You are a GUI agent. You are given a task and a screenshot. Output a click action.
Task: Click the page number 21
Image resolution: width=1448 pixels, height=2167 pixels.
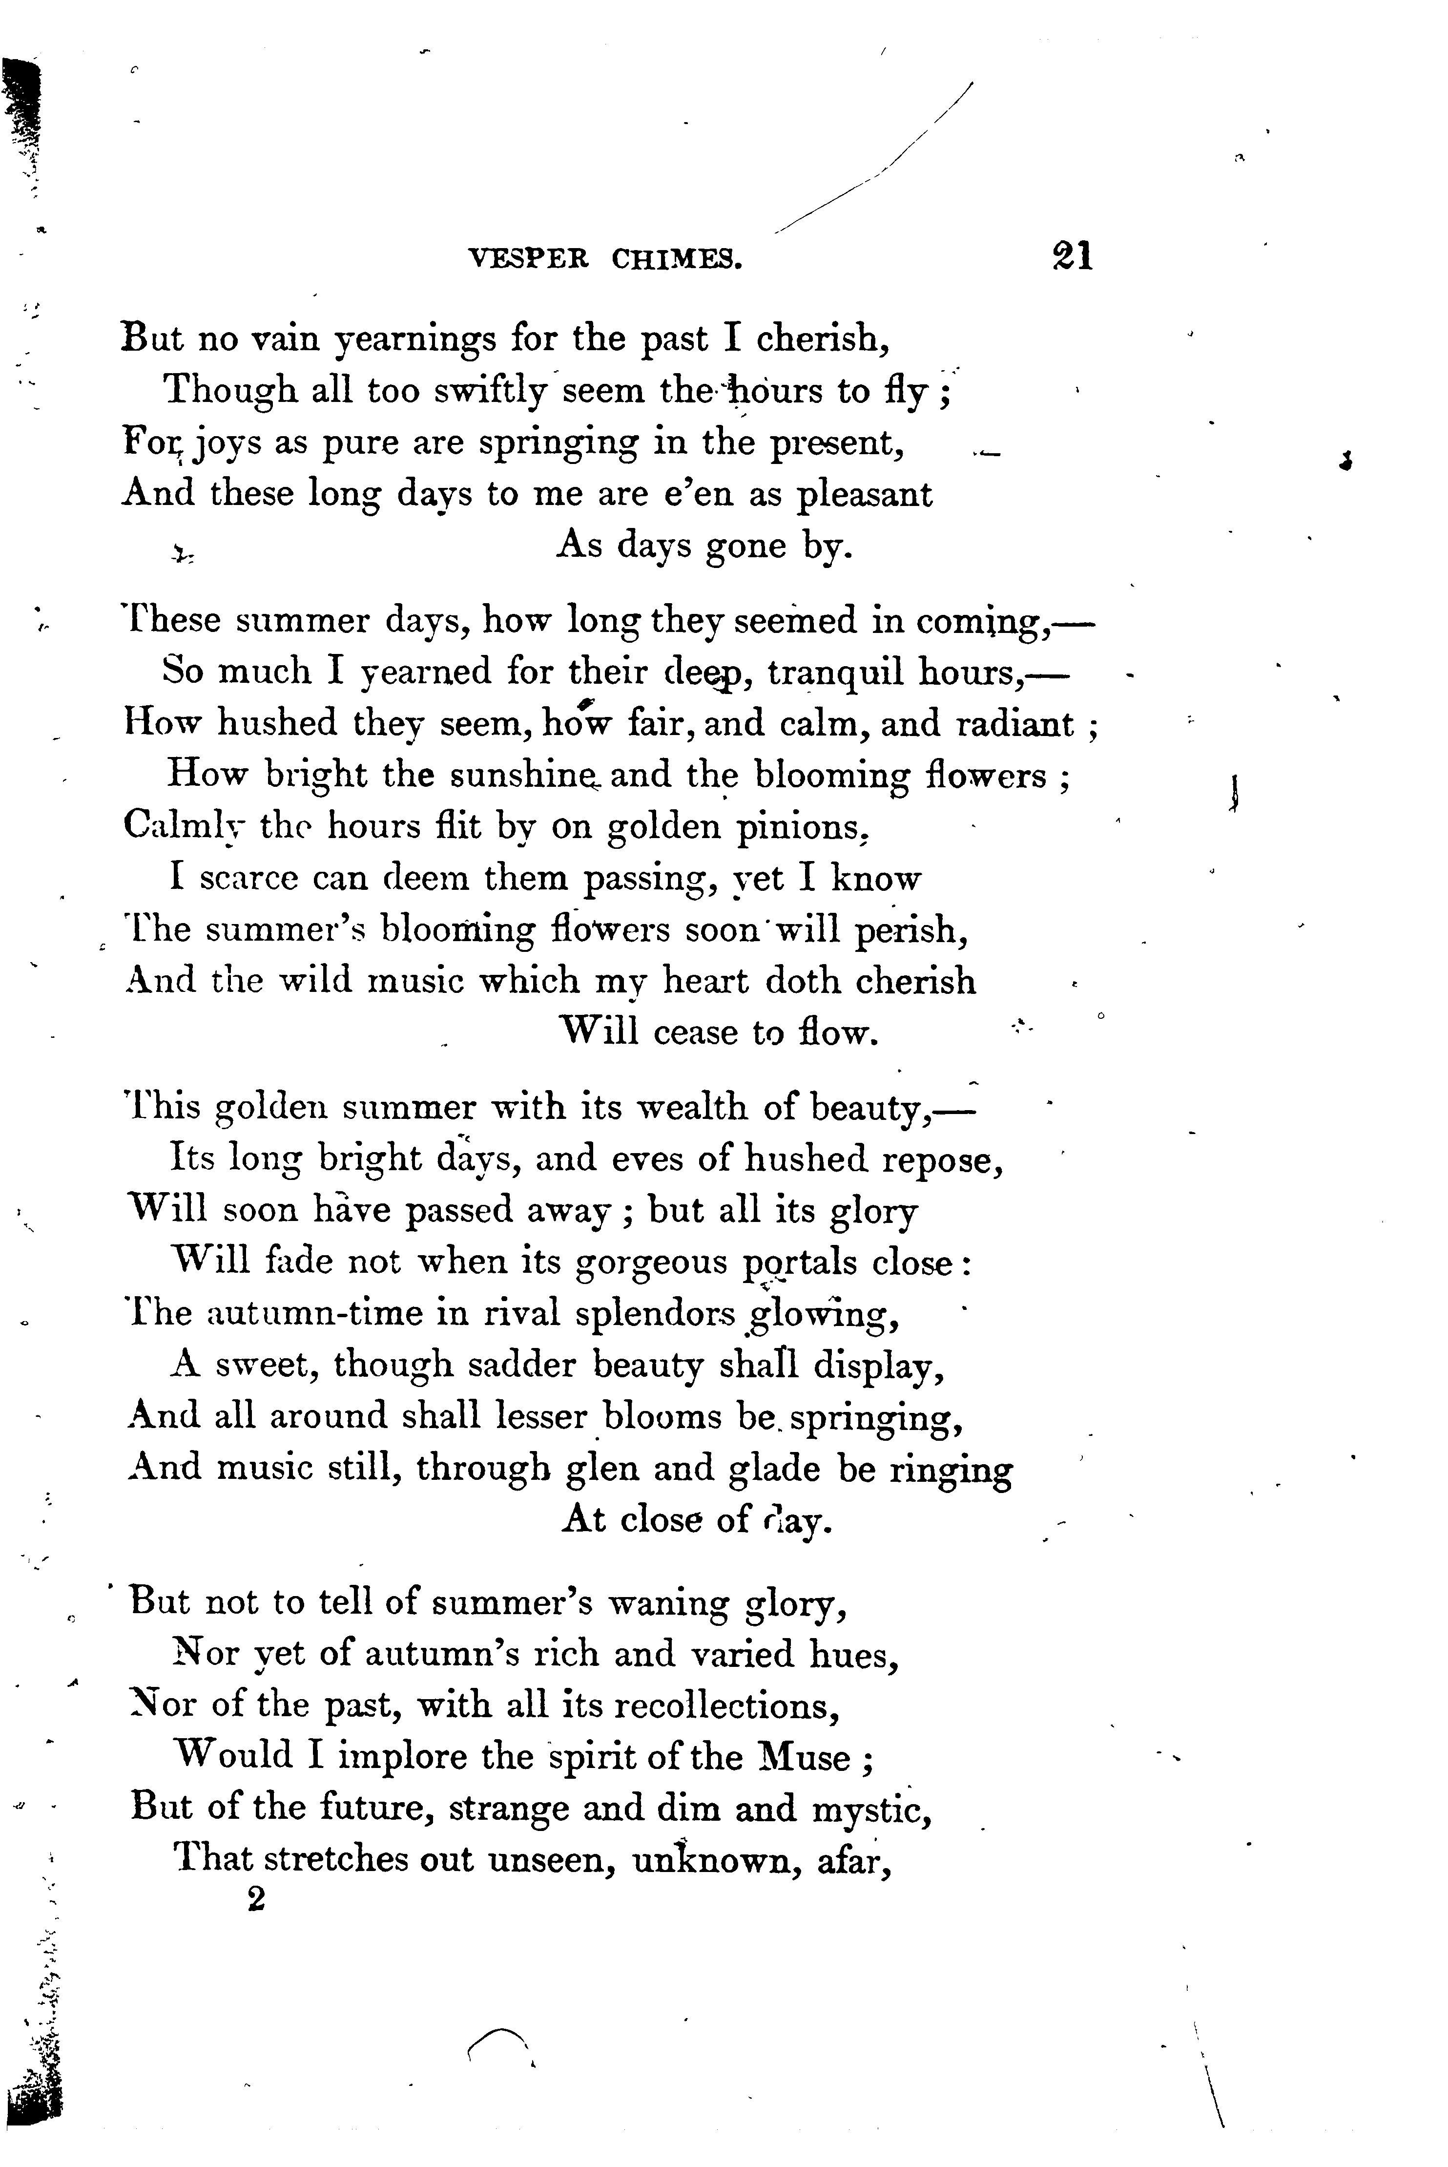[x=1071, y=256]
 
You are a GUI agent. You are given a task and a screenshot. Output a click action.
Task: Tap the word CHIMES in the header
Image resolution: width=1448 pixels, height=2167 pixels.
[x=677, y=259]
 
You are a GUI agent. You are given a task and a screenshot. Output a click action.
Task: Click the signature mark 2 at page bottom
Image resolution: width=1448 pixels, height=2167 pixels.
[x=256, y=1900]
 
